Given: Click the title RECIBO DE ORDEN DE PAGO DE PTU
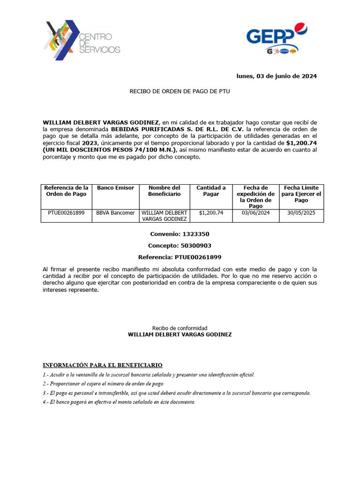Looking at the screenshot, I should [x=180, y=91].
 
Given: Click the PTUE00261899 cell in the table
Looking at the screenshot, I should [x=66, y=213].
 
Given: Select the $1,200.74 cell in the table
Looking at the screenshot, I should [x=211, y=213].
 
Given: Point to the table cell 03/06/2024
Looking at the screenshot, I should [x=255, y=213].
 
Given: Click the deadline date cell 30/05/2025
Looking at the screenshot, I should [x=301, y=213].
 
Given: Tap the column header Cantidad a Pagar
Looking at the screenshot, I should [x=211, y=191].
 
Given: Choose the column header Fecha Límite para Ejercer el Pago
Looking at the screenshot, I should [x=301, y=194].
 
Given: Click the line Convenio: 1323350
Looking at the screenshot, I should [x=180, y=234].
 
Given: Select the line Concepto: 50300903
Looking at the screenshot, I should [x=180, y=246].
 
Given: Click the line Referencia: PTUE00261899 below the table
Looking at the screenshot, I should [x=180, y=257].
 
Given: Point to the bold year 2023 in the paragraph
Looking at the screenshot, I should [x=90, y=142].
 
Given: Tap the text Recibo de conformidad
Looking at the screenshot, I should [x=180, y=328].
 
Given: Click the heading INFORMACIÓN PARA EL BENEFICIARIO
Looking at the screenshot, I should [x=103, y=365].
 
